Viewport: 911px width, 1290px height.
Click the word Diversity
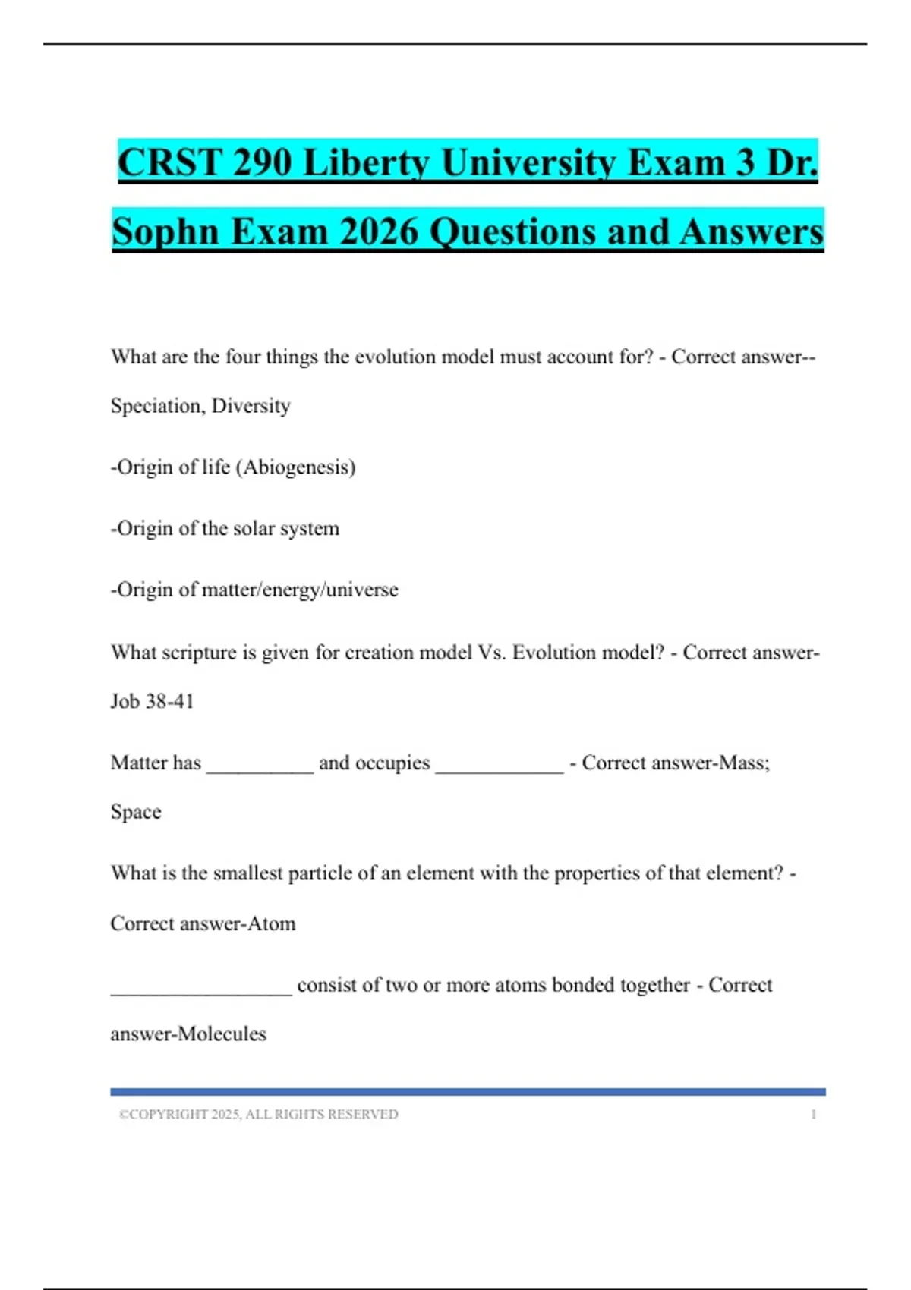(251, 406)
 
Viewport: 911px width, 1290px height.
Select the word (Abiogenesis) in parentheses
(296, 467)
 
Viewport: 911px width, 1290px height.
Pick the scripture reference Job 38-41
(152, 701)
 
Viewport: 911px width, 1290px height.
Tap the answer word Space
(136, 812)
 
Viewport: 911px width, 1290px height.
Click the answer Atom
(272, 923)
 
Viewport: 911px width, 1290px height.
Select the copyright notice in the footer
(258, 1114)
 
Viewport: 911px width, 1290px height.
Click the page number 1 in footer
(813, 1114)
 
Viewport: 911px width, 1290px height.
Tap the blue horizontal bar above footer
(468, 1092)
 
